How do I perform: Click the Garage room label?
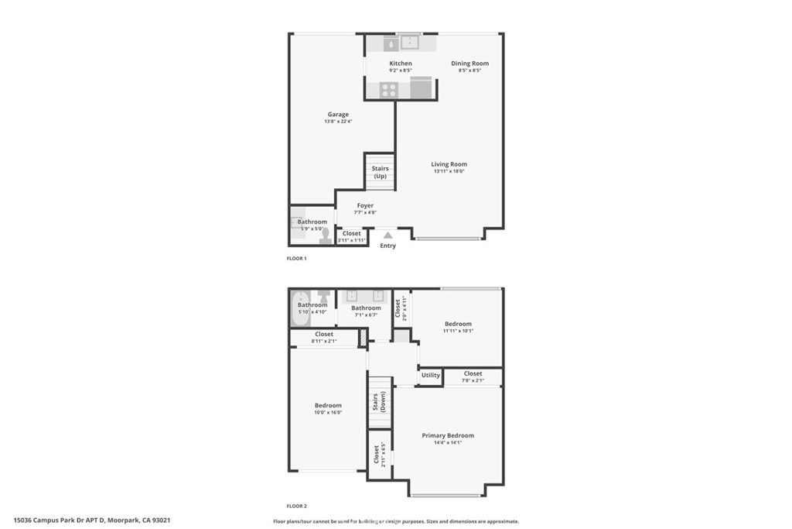[x=338, y=115]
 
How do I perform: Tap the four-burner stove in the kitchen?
[x=389, y=90]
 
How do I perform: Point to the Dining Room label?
[x=470, y=64]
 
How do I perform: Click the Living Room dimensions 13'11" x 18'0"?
[x=449, y=171]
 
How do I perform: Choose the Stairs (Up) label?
[x=380, y=172]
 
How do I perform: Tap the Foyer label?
[x=365, y=206]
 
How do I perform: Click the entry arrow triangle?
[x=388, y=235]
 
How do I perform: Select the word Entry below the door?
[x=388, y=246]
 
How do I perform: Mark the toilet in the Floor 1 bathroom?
[x=325, y=235]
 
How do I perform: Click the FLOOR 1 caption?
[x=296, y=259]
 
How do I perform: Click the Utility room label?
[x=431, y=376]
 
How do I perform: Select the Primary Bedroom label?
[x=448, y=436]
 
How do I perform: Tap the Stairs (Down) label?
[x=380, y=404]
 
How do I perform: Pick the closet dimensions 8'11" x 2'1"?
[x=324, y=341]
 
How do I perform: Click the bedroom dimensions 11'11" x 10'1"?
[x=457, y=331]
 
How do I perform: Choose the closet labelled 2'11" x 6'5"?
[x=377, y=452]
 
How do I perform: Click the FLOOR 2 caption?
[x=296, y=506]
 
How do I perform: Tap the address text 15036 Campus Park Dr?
[x=91, y=520]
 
